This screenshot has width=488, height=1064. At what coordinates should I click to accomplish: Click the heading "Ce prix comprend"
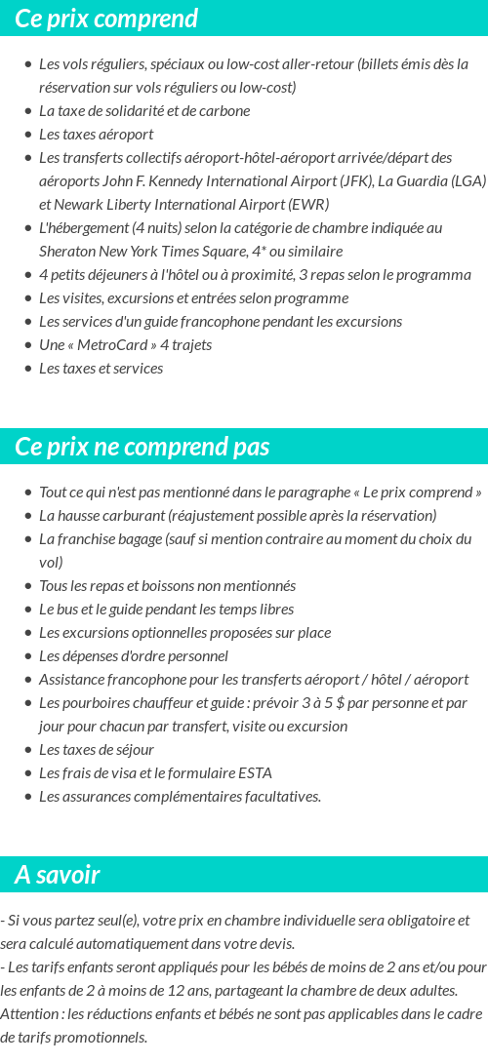pyautogui.click(x=106, y=19)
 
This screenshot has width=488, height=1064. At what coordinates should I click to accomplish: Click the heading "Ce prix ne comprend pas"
pyautogui.click(x=142, y=447)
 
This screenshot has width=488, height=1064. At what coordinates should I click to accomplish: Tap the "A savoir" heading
pyautogui.click(x=57, y=875)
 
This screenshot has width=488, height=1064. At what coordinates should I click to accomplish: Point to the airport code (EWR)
pyautogui.click(x=308, y=204)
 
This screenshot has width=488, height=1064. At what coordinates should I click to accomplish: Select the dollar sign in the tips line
pyautogui.click(x=340, y=702)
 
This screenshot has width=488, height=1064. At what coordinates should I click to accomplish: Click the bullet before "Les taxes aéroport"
pyautogui.click(x=27, y=135)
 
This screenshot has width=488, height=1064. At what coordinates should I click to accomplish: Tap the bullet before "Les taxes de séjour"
pyautogui.click(x=27, y=750)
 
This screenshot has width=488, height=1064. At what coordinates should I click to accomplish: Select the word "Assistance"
pyautogui.click(x=71, y=679)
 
